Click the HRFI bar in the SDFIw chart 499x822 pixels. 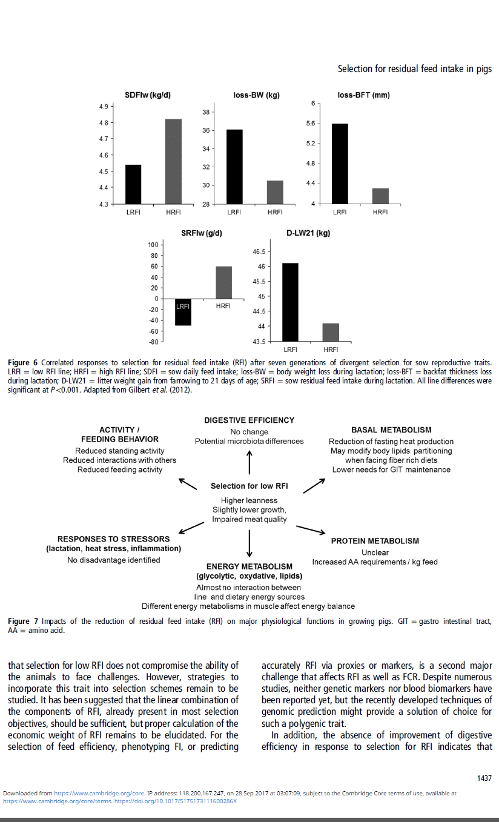pos(173,161)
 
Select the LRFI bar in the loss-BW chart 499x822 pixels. pos(235,167)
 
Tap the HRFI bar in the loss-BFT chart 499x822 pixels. pos(380,196)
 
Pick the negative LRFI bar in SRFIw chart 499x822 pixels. pos(183,312)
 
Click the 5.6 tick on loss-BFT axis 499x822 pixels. pos(311,124)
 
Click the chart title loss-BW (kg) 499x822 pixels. pos(256,96)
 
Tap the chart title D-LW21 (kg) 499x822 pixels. pos(308,233)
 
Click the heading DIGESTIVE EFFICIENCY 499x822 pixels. pos(249,420)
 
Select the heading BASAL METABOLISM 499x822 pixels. pos(391,430)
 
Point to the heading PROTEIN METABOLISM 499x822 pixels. pos(375,541)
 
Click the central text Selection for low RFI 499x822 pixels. pos(249,486)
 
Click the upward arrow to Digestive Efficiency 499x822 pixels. pos(249,463)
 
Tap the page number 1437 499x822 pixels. pos(484,778)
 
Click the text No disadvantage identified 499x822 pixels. pos(114,560)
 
